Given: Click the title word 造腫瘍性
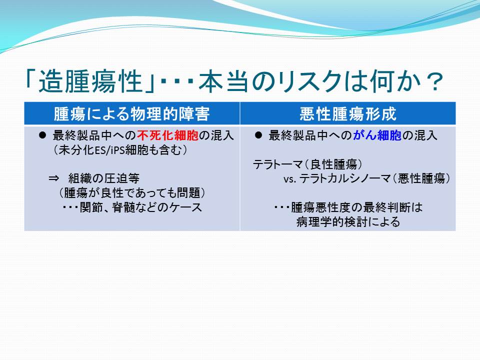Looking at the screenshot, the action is tap(90, 81).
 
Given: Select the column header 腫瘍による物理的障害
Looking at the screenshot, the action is tap(132, 114).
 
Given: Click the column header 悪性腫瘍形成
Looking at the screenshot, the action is tap(348, 114).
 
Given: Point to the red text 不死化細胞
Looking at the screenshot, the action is tap(168, 135).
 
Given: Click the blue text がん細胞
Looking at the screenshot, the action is tap(377, 135).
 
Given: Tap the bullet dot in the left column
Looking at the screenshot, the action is tap(42, 135).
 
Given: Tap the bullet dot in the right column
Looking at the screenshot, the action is tap(258, 135).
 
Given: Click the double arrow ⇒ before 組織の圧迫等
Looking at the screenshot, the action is tap(54, 178).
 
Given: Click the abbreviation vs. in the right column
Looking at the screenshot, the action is tap(289, 179).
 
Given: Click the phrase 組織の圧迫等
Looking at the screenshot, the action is tap(104, 178).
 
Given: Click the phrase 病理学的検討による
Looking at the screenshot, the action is tap(348, 221).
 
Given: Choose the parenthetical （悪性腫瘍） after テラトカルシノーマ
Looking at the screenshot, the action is tap(421, 178).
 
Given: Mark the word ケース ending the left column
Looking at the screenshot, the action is tap(186, 207).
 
